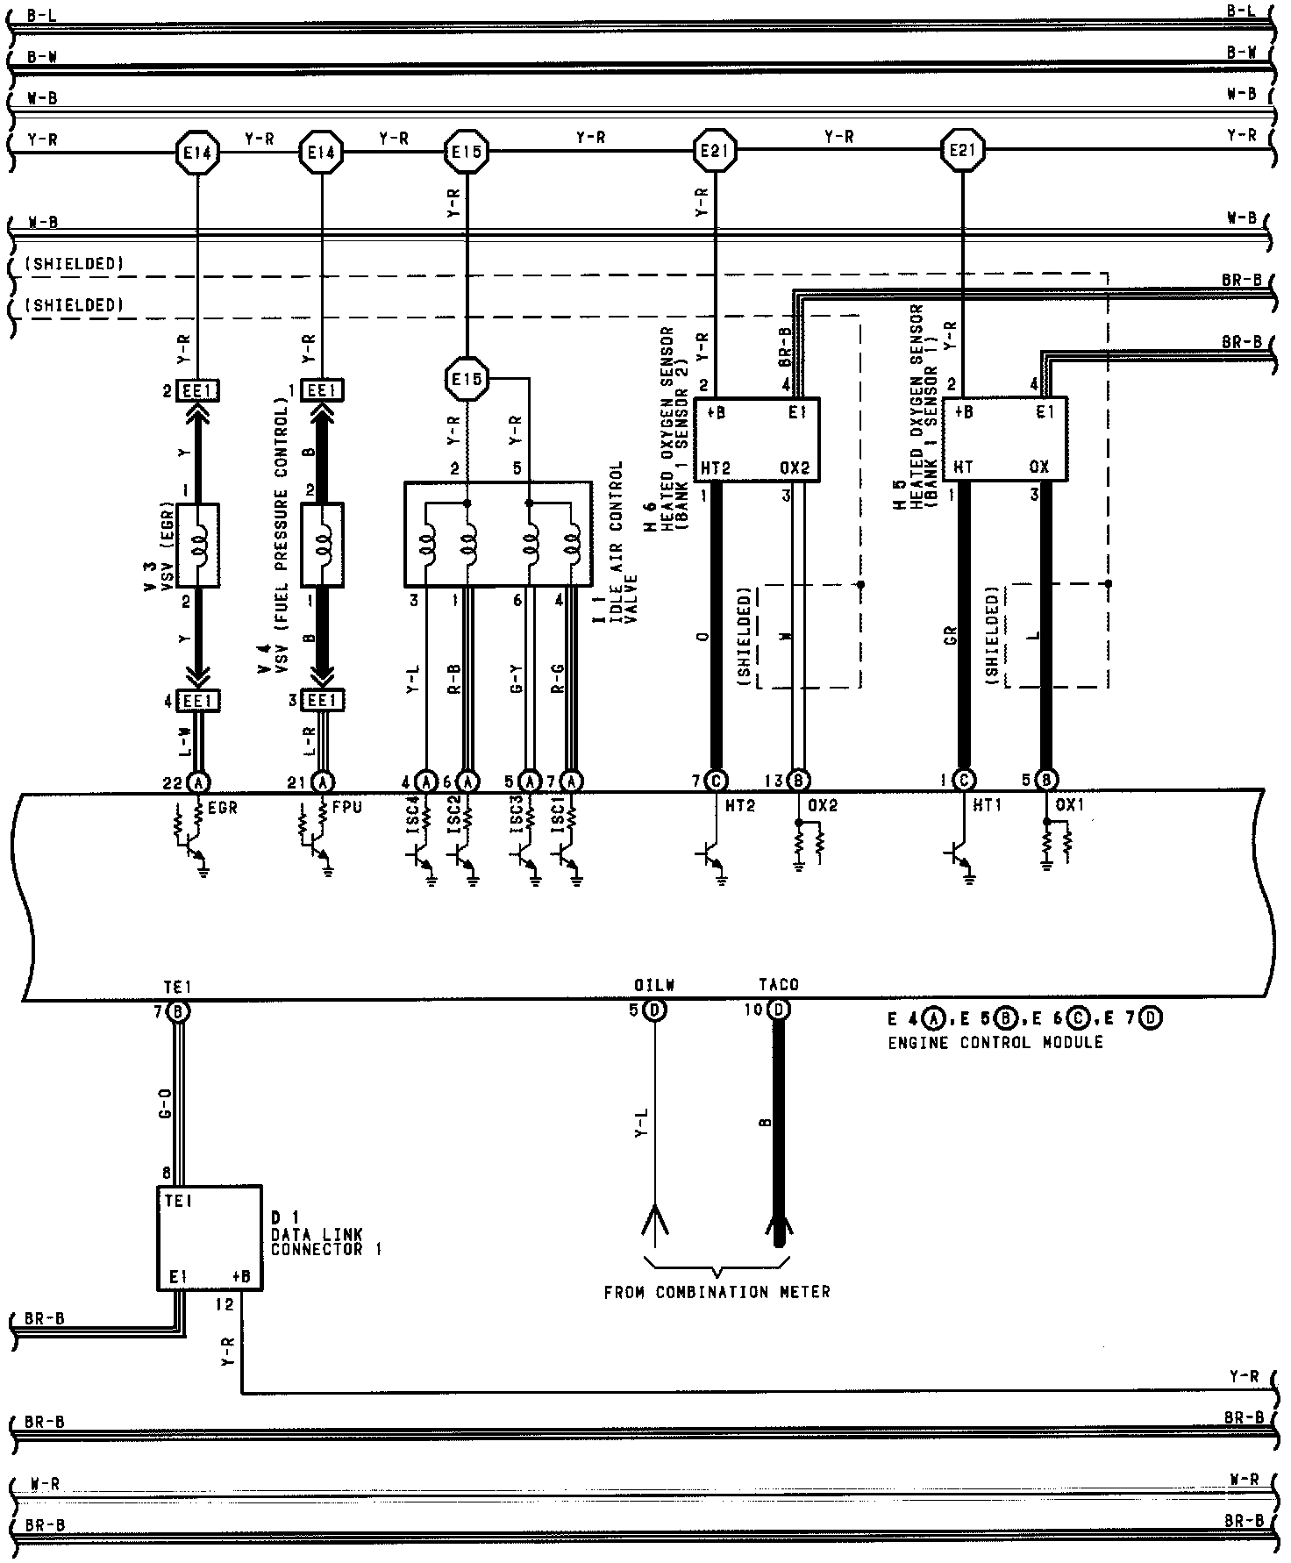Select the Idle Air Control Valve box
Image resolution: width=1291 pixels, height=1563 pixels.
(497, 533)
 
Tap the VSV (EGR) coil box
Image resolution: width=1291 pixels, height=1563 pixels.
(198, 546)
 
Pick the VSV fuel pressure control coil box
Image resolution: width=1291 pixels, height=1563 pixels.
(323, 546)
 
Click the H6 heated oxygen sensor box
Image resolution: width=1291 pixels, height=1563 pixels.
(756, 439)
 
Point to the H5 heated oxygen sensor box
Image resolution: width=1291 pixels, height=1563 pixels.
(1004, 439)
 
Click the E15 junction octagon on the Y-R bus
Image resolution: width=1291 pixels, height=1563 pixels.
(465, 152)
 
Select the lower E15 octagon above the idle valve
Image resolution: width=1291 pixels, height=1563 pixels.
(465, 380)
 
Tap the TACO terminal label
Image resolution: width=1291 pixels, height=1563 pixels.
(779, 986)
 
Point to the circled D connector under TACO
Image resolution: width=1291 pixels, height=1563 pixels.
(779, 1010)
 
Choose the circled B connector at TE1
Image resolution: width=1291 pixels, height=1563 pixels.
(179, 1011)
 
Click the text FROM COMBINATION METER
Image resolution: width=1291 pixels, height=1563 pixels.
(717, 1292)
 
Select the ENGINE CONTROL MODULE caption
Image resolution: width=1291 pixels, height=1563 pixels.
(995, 1043)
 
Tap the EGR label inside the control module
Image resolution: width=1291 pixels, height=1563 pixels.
(223, 808)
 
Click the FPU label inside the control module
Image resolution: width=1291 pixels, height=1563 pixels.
(347, 808)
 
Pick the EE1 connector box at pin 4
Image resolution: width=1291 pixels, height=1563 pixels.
(199, 701)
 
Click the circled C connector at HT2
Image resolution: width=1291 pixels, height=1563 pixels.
(717, 781)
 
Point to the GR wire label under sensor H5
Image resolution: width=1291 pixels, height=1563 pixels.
(951, 637)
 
